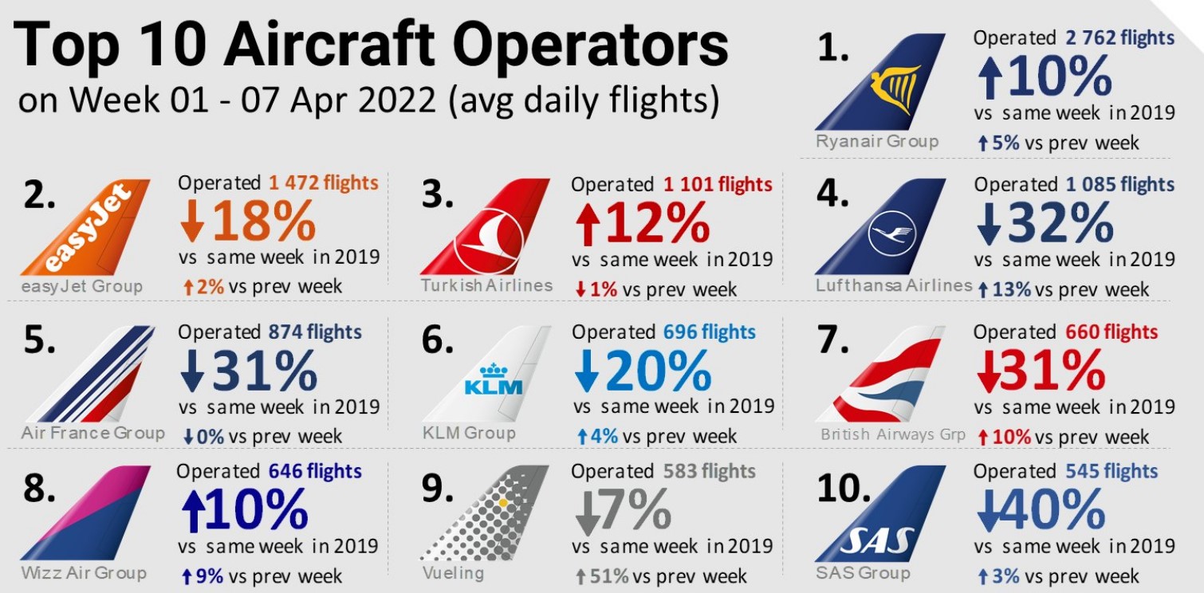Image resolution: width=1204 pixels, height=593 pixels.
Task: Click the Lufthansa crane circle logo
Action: (892, 232)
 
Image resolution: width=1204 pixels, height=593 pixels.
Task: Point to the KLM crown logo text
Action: (493, 382)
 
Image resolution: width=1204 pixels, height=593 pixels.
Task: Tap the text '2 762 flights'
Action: (1119, 37)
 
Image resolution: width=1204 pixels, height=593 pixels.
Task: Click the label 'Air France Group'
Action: (93, 434)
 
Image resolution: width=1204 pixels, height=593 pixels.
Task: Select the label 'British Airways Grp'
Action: (893, 435)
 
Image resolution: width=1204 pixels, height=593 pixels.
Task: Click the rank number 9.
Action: (437, 489)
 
